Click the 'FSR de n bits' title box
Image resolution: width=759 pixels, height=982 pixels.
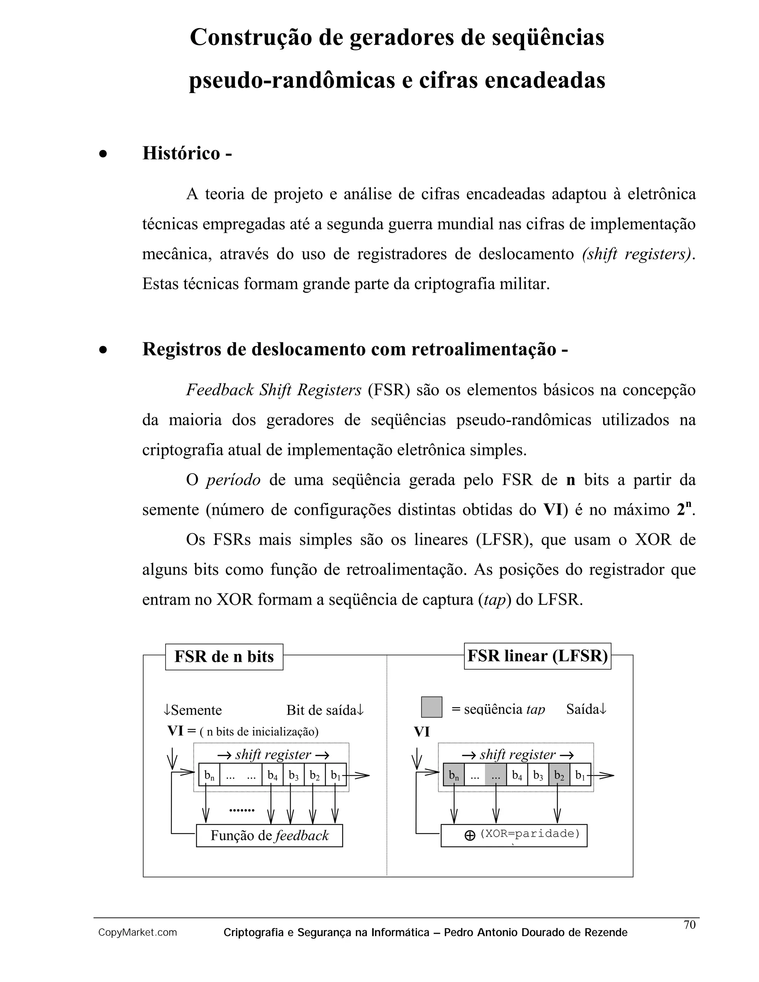pos(224,657)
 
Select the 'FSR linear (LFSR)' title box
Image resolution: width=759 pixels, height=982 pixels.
pos(537,656)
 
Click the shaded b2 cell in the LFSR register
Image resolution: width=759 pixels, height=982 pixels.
pos(559,775)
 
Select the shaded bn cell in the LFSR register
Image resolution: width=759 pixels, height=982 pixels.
pos(453,775)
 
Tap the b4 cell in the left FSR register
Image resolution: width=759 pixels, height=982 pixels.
pos(272,775)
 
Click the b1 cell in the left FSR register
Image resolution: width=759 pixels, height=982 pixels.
pos(335,775)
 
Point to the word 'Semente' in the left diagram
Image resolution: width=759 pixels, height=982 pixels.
pos(196,710)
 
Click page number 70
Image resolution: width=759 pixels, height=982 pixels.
pos(689,925)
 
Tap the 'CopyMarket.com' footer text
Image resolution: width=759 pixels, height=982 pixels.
pos(137,933)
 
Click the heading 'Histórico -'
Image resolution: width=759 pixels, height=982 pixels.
pos(187,153)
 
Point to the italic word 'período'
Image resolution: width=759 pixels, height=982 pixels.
pos(233,480)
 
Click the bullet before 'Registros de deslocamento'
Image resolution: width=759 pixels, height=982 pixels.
pos(103,350)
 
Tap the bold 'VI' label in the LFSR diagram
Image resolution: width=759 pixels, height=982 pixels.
pos(422,732)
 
